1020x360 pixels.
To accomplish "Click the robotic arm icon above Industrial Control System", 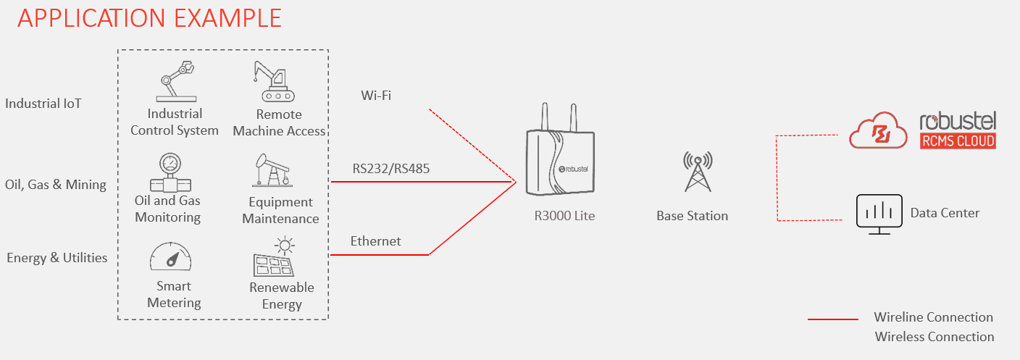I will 175,80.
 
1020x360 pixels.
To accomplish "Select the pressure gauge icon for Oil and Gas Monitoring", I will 168,172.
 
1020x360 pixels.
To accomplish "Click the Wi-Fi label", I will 376,96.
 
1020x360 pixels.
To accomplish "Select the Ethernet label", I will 375,241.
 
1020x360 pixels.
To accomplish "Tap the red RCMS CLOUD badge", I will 956,141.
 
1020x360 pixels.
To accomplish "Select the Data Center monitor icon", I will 879,214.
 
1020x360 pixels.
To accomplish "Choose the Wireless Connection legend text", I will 935,337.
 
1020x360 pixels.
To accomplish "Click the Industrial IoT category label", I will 43,104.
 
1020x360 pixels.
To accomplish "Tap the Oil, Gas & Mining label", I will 56,185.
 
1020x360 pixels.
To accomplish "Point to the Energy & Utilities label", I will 57,258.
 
